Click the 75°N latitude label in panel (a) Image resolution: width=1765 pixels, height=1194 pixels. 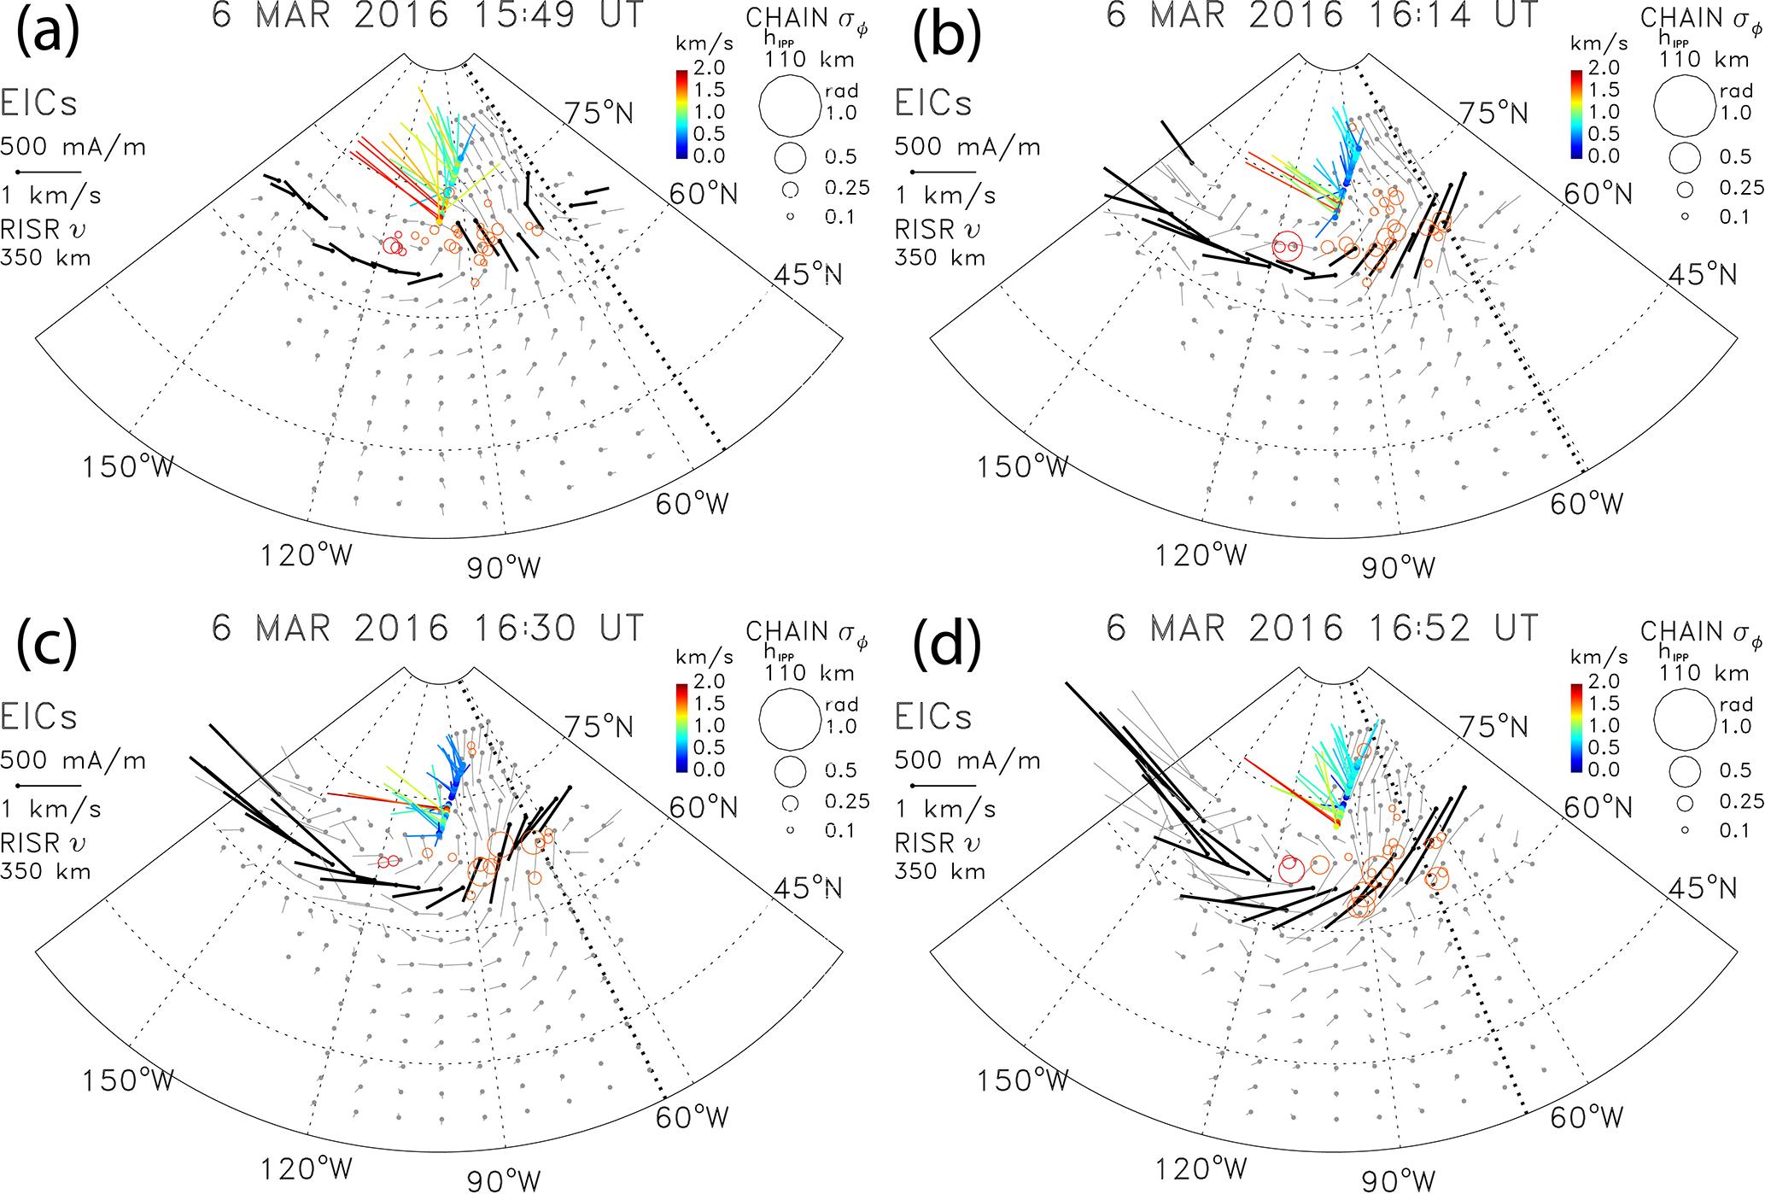tap(599, 113)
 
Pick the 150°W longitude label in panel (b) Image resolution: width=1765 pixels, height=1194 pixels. tap(1022, 467)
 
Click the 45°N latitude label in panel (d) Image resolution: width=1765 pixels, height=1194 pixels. tap(1703, 888)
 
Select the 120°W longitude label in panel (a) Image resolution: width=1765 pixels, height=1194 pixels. tap(306, 556)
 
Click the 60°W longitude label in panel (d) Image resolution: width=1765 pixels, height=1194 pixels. tap(1587, 1117)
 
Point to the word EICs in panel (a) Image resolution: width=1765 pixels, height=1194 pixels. tap(38, 103)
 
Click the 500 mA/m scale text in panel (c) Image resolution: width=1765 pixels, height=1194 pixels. tap(73, 760)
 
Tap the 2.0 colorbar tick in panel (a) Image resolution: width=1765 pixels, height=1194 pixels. tap(709, 67)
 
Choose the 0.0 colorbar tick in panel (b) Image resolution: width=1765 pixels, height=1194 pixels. tap(1604, 156)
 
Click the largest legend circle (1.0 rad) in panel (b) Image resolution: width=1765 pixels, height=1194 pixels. tap(1684, 106)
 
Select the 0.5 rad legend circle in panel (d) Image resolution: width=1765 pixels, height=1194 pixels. tap(1685, 770)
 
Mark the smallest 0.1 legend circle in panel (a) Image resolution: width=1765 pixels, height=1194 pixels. tap(790, 217)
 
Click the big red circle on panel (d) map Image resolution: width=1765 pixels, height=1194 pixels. tap(1290, 869)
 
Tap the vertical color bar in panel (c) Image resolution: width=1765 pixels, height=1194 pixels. tap(681, 728)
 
